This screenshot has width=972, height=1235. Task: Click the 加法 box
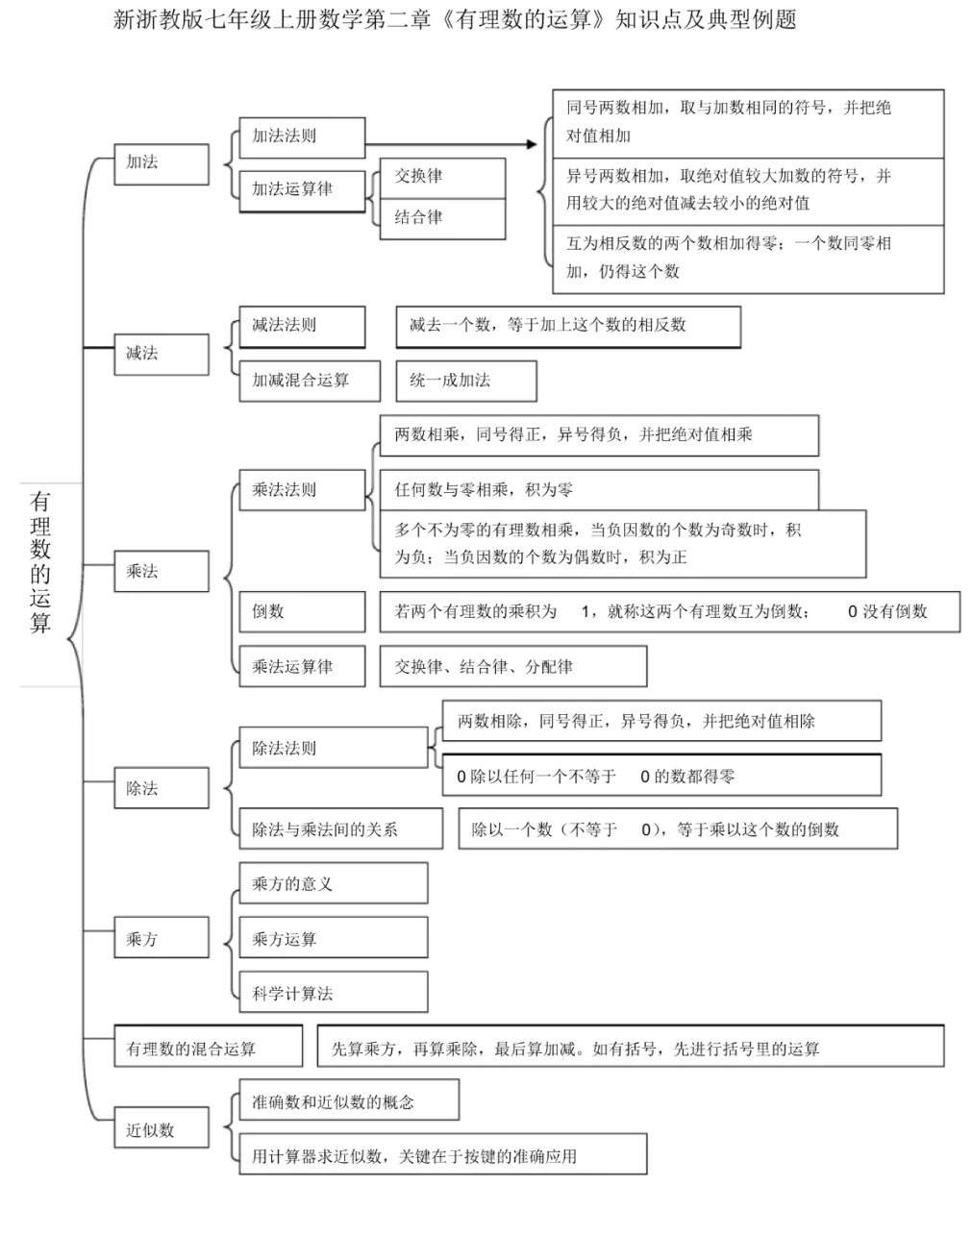161,164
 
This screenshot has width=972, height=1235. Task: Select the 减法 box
161,355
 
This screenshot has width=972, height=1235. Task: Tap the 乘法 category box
161,572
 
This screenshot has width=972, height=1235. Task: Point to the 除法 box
161,788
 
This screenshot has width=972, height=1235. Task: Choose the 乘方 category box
161,938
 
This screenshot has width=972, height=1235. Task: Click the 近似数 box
161,1129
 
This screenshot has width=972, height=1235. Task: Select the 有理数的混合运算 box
208,1047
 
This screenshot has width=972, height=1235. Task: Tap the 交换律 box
442,178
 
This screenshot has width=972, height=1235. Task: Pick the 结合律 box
442,218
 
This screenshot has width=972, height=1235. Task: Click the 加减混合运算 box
302,381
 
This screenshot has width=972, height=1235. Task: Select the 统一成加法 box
466,381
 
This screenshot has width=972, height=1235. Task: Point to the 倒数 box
302,611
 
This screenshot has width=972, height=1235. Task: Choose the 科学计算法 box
333,993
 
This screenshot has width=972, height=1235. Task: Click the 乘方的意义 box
333,883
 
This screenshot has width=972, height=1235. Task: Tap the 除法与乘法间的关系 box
340,828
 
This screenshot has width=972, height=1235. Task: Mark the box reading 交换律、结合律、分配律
513,666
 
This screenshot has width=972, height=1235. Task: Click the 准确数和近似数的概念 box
348,1101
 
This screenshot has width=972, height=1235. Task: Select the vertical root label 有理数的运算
40,562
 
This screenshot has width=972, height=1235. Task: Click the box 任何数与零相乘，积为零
598,489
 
